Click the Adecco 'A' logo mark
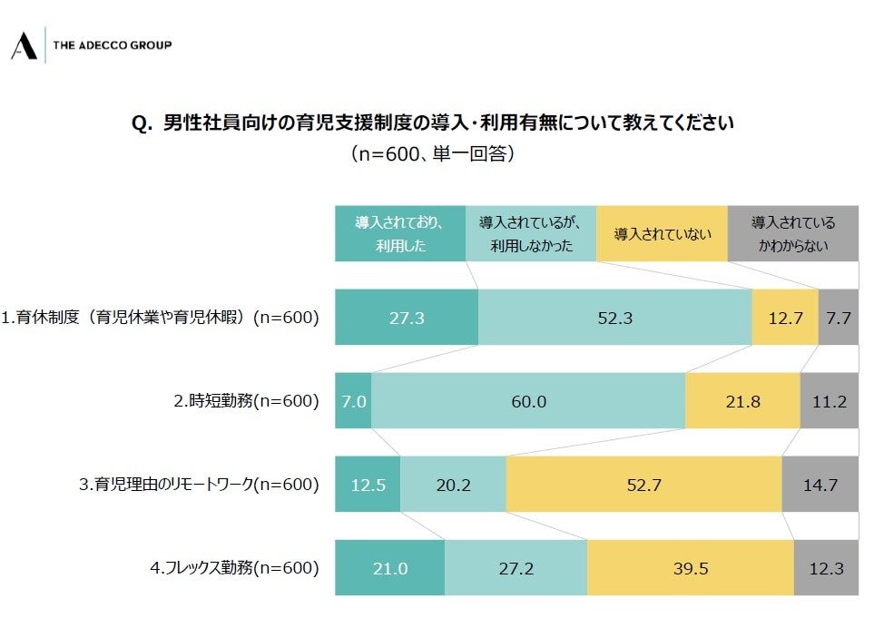[x=24, y=44]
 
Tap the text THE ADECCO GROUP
[x=113, y=44]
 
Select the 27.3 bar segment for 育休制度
[x=407, y=318]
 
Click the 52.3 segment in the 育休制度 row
[x=614, y=318]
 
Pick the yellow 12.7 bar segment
[x=785, y=318]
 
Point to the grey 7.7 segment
[x=838, y=318]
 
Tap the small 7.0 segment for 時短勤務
[x=353, y=400]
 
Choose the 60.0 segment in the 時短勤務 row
[x=527, y=400]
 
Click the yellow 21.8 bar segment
[x=742, y=400]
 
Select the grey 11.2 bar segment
[x=829, y=400]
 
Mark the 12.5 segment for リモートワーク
[x=368, y=485]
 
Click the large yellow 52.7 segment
[x=643, y=485]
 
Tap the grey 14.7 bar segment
[x=820, y=485]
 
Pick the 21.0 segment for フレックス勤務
[x=390, y=568]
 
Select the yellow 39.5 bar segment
[x=690, y=568]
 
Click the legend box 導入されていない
[x=662, y=234]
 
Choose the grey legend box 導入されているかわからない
[x=792, y=234]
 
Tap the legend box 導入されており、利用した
[x=400, y=234]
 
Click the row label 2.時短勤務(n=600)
[x=246, y=400]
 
